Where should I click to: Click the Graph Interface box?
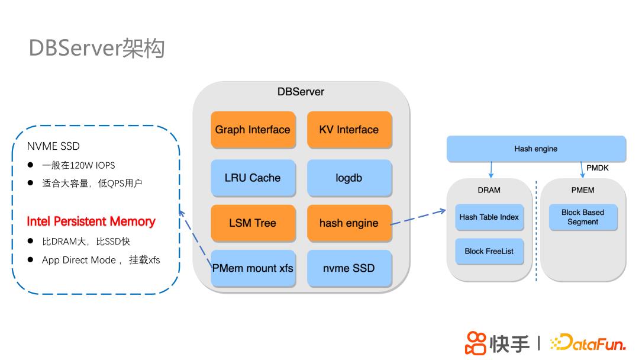[x=253, y=130]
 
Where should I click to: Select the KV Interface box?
[x=349, y=130]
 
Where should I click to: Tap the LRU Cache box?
[x=253, y=178]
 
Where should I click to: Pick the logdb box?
[x=349, y=178]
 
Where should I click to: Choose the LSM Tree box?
[x=253, y=223]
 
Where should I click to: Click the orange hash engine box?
[x=349, y=223]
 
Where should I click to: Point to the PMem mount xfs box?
[x=253, y=268]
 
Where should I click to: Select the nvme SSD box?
[x=349, y=268]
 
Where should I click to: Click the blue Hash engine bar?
[x=535, y=149]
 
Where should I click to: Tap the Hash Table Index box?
[x=489, y=217]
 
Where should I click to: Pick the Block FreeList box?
[x=489, y=251]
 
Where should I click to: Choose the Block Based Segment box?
[x=583, y=217]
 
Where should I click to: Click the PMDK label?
[x=598, y=168]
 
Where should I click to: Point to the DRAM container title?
[x=489, y=190]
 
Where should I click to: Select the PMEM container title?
[x=583, y=190]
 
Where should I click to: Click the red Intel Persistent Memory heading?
[x=91, y=221]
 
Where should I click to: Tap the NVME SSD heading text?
[x=53, y=146]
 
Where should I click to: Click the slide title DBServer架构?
[x=96, y=48]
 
